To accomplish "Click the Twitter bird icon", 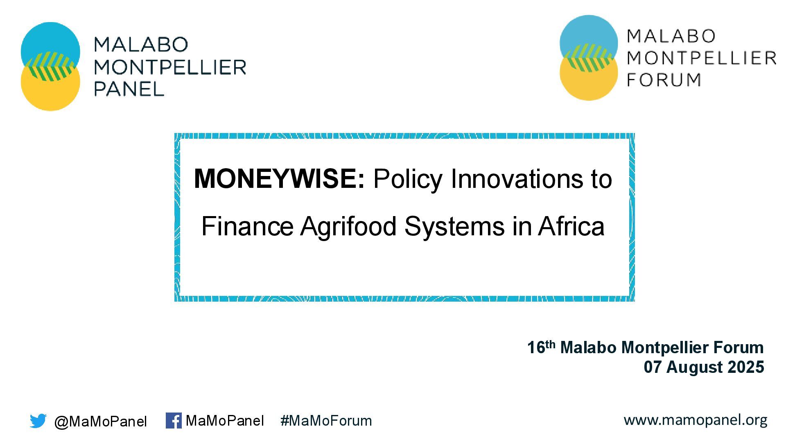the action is (38, 421).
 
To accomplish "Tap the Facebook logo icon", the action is (174, 420).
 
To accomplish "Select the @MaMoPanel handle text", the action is (100, 422).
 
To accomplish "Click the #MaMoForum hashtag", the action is (326, 421).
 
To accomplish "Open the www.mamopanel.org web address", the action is (696, 420).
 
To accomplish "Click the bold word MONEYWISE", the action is (279, 179).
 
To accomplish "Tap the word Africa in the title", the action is (571, 226).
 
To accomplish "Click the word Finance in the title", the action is (247, 226).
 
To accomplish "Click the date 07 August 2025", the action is (704, 367).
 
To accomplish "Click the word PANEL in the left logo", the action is (129, 89).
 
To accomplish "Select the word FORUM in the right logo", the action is (664, 79).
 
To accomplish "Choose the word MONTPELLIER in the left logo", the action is (170, 67).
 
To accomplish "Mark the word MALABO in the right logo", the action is (671, 36).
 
